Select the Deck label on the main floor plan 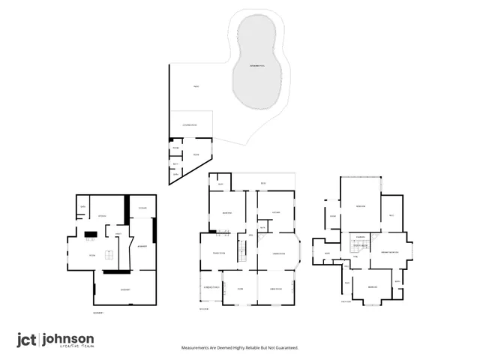(x=263, y=183)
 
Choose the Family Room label (x=220, y=253)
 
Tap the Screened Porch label (x=211, y=288)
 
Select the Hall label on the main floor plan (x=251, y=235)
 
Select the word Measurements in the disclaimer (x=198, y=348)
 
